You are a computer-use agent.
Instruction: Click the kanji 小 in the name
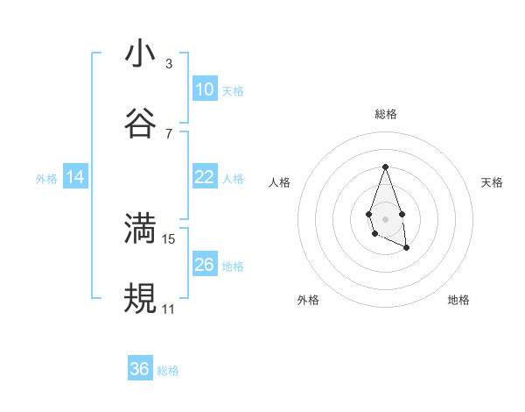pos(140,53)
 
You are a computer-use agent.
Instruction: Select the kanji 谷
pos(140,124)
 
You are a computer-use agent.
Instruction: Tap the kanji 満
pos(140,229)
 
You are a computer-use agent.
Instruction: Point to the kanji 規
pos(140,299)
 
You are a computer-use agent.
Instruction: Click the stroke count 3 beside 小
pos(169,64)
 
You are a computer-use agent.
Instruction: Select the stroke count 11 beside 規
pos(169,309)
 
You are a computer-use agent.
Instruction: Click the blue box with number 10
pos(204,89)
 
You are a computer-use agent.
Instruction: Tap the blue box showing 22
pos(204,177)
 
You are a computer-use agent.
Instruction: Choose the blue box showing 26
pos(204,265)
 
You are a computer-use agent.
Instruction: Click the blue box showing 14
pos(75,177)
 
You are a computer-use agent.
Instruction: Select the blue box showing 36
pos(140,369)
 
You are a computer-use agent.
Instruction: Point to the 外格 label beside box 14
pos(46,179)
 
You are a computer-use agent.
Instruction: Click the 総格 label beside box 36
pos(169,371)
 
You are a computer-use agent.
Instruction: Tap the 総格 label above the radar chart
pos(385,114)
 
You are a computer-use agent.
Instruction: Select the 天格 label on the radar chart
pos(493,182)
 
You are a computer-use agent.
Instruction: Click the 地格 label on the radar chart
pos(458,300)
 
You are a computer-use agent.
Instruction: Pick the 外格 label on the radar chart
pos(308,300)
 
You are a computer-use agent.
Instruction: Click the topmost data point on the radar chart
pos(385,167)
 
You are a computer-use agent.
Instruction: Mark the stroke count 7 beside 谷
pos(169,133)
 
